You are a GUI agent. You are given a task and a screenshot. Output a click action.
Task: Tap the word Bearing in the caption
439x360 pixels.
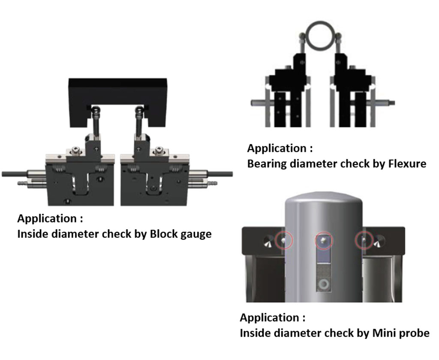click(268, 164)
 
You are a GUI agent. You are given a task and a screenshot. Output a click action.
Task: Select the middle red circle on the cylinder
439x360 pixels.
click(323, 241)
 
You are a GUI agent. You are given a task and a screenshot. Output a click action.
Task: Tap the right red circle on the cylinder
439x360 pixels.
click(363, 241)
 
